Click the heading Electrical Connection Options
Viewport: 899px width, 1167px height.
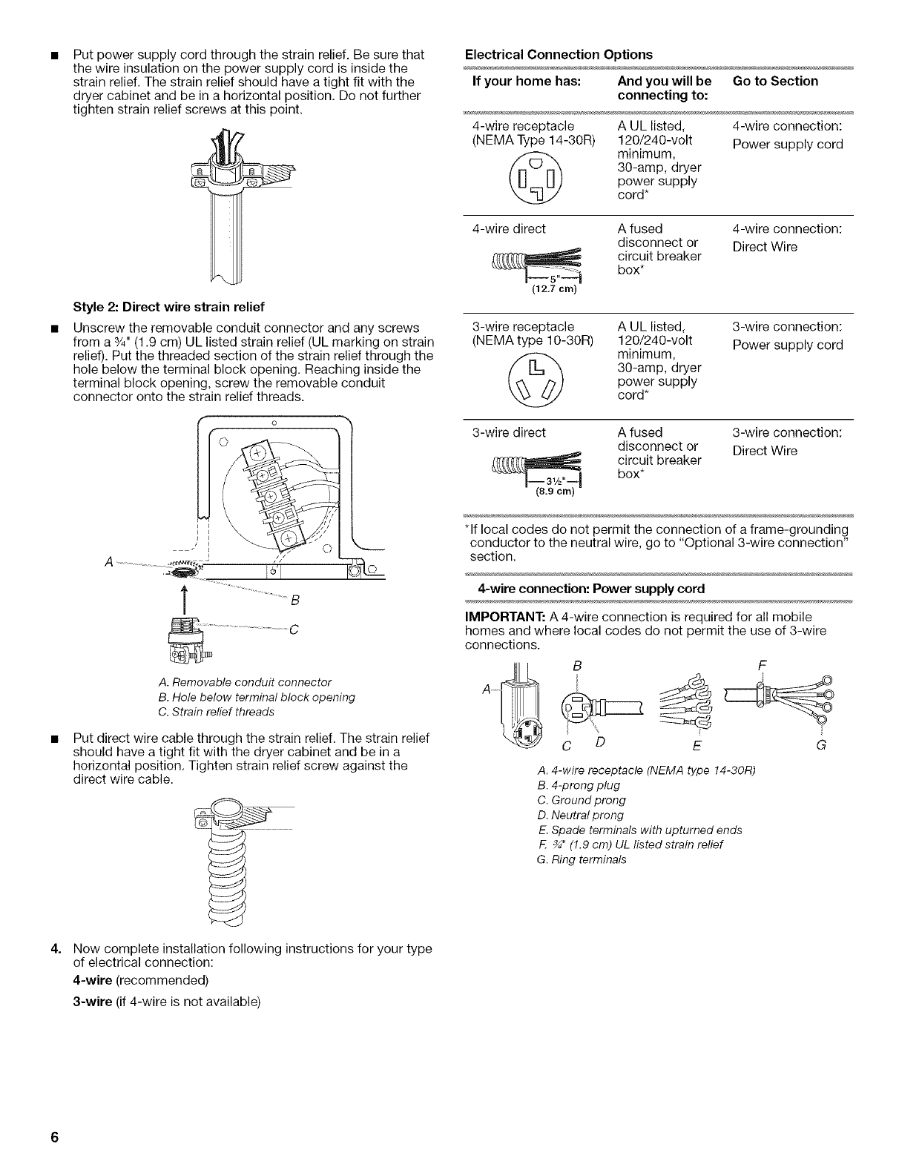pos(558,54)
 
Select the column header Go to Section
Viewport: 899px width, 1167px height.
pos(774,81)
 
